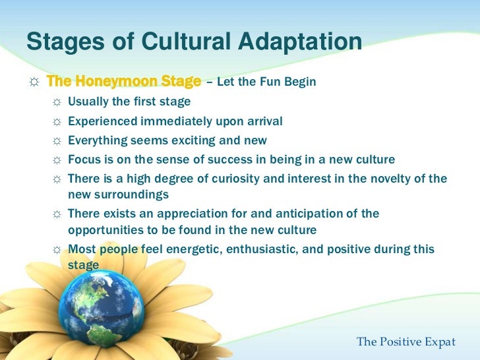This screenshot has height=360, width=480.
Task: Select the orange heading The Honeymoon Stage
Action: (x=124, y=82)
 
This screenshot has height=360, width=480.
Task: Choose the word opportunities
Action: (x=103, y=230)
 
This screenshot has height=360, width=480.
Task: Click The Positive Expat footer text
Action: (x=406, y=342)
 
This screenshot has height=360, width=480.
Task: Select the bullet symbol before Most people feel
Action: (x=57, y=249)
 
